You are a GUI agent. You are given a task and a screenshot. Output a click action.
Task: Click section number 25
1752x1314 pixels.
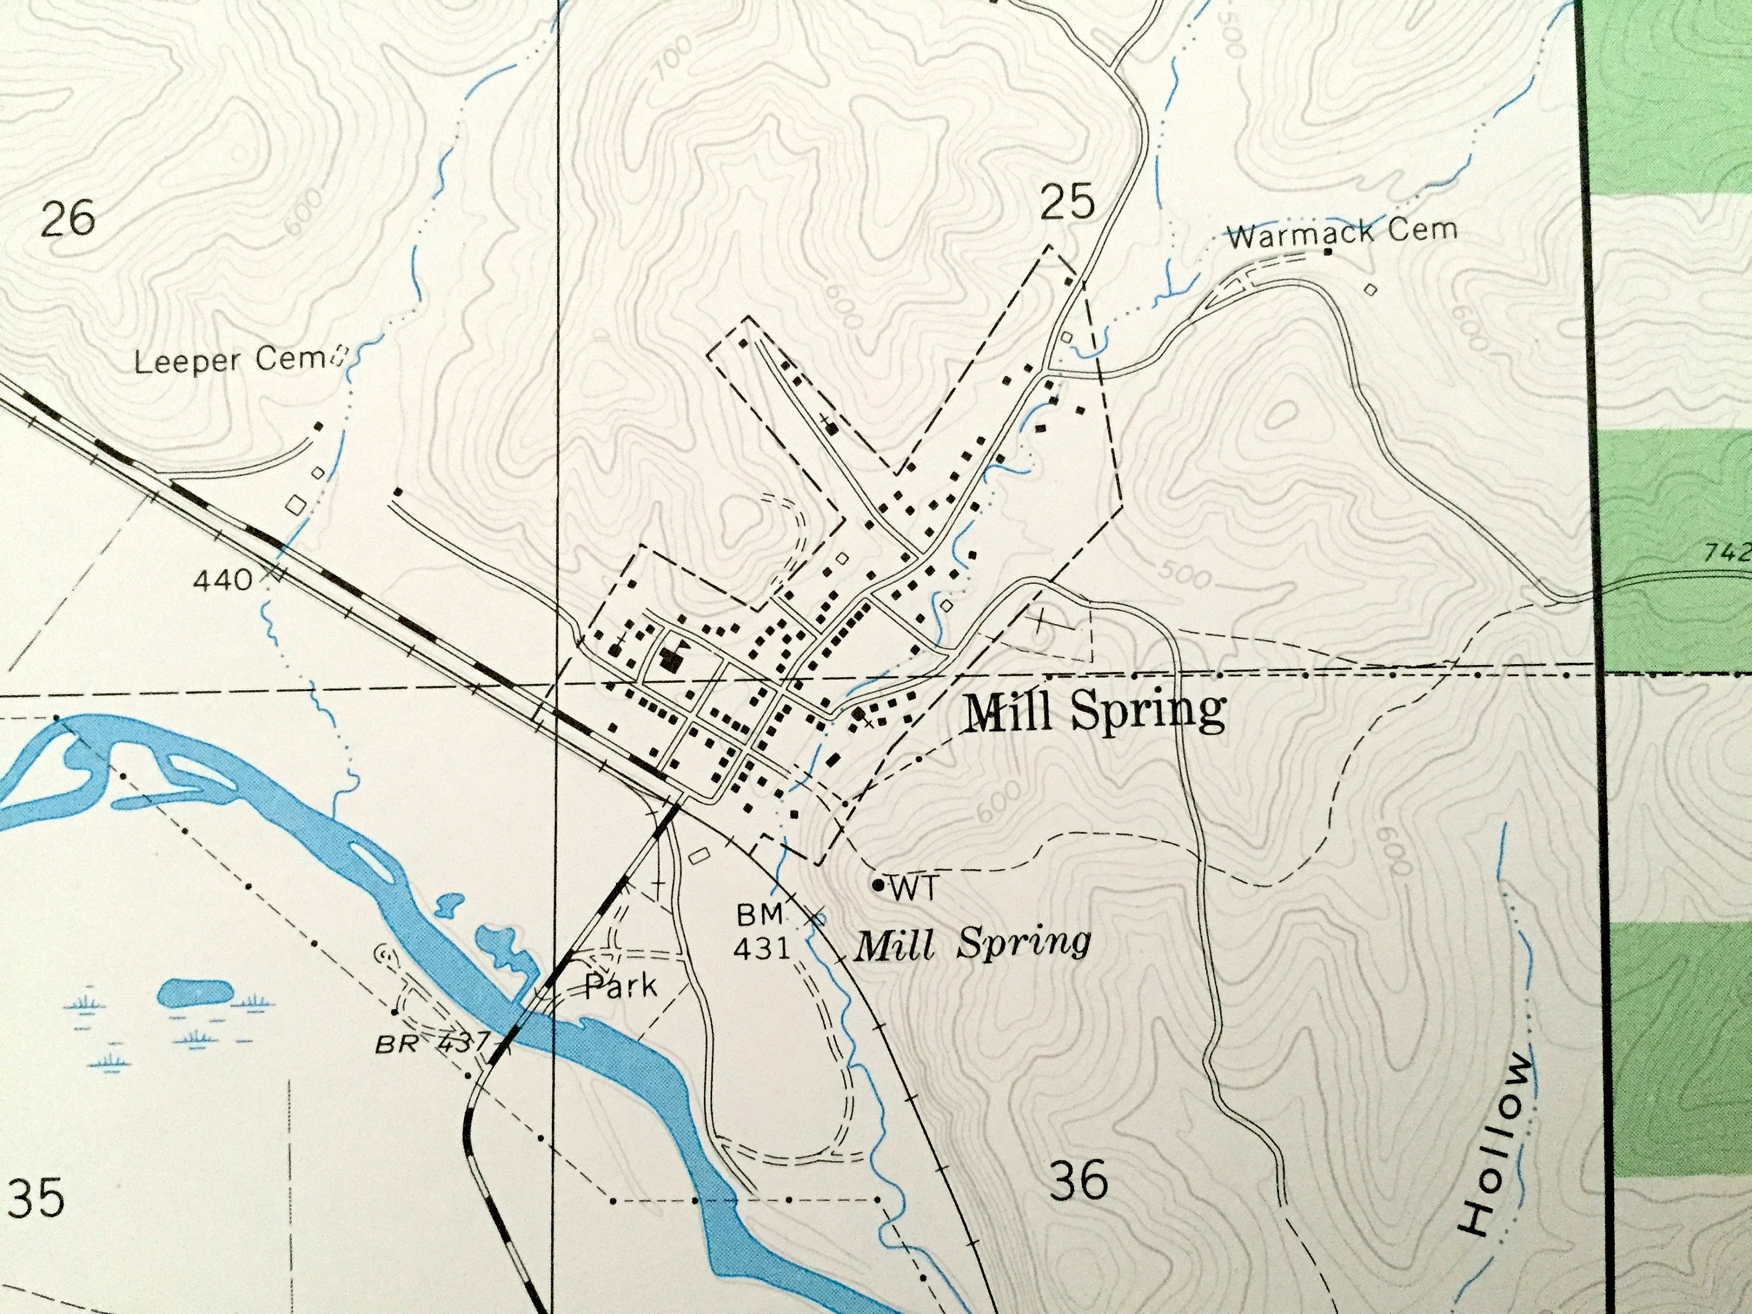pos(1067,203)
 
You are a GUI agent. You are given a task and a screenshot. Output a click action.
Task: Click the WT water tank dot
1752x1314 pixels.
pos(878,885)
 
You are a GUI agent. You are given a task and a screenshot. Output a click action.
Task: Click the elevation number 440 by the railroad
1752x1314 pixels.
pos(223,581)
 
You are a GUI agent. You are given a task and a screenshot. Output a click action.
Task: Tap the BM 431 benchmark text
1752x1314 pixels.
pos(761,931)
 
